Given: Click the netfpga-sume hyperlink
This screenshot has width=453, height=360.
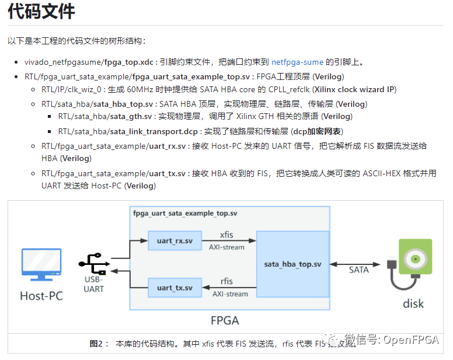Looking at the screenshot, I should [297, 62].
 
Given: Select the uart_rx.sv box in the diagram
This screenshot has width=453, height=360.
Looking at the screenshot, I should [175, 240].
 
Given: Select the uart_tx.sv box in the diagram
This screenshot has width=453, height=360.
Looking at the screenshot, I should [175, 287].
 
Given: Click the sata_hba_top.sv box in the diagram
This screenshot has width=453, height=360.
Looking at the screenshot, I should [292, 264].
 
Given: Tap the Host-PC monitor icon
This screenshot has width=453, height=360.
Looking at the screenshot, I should [41, 266].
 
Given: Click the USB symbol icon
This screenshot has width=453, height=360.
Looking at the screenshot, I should [93, 264].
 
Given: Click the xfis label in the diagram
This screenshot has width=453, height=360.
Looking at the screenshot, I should [226, 235].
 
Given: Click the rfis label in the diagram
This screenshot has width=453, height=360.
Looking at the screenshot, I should [226, 282].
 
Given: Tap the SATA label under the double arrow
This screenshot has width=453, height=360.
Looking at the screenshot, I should [358, 270].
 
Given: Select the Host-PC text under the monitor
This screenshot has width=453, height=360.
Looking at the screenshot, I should [41, 296].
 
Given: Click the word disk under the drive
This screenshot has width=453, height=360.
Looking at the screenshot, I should [413, 303].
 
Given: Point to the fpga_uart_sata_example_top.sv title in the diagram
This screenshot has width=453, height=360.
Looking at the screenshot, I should [185, 214].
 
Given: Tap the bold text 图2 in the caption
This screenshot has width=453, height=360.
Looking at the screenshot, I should [96, 344].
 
